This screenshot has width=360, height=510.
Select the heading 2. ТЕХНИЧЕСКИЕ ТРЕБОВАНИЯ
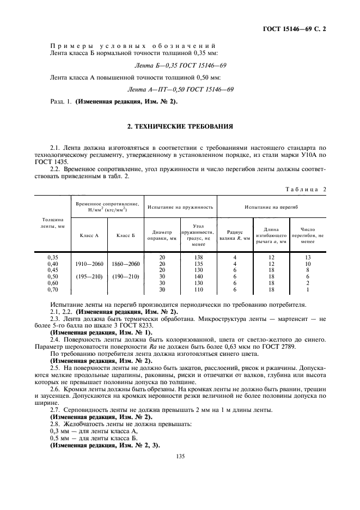click(180, 126)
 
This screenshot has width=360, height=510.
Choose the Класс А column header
click(89, 235)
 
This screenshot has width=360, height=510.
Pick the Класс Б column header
click(125, 235)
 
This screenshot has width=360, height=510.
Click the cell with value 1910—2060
click(89, 263)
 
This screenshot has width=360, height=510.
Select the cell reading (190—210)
click(125, 276)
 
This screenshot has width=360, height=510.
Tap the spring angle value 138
click(199, 257)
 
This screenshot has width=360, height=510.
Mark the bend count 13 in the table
click(308, 257)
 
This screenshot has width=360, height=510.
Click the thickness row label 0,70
click(52, 289)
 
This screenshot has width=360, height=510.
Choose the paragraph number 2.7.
click(55, 409)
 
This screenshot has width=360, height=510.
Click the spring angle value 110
click(199, 289)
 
